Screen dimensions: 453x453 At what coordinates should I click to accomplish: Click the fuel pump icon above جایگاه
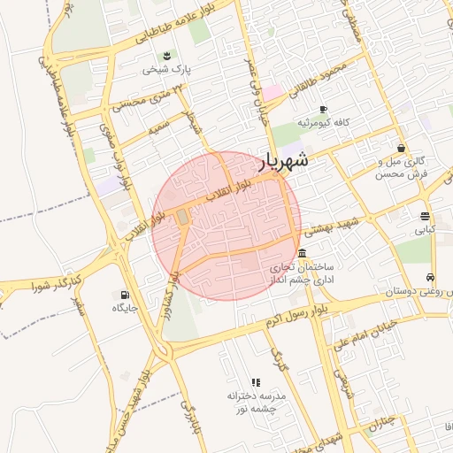(122, 295)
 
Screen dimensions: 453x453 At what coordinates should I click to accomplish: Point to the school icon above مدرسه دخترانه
(256, 382)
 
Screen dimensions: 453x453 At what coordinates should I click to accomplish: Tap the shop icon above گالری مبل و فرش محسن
(402, 148)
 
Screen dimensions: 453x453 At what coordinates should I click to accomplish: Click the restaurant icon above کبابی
(426, 215)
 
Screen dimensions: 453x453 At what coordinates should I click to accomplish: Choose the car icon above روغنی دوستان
(430, 277)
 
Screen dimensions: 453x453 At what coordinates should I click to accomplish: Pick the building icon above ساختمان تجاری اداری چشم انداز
(303, 254)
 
